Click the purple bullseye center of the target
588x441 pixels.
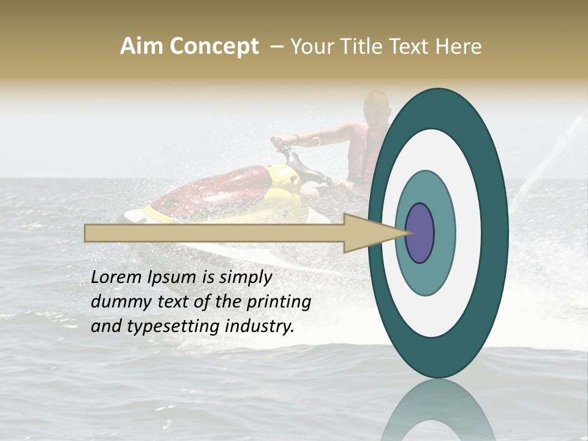[x=420, y=233]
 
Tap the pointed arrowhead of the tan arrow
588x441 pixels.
[x=380, y=233]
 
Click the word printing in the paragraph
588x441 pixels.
[x=278, y=303]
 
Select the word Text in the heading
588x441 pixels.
[x=411, y=47]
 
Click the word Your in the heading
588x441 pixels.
[x=310, y=47]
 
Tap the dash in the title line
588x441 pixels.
[x=277, y=47]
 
